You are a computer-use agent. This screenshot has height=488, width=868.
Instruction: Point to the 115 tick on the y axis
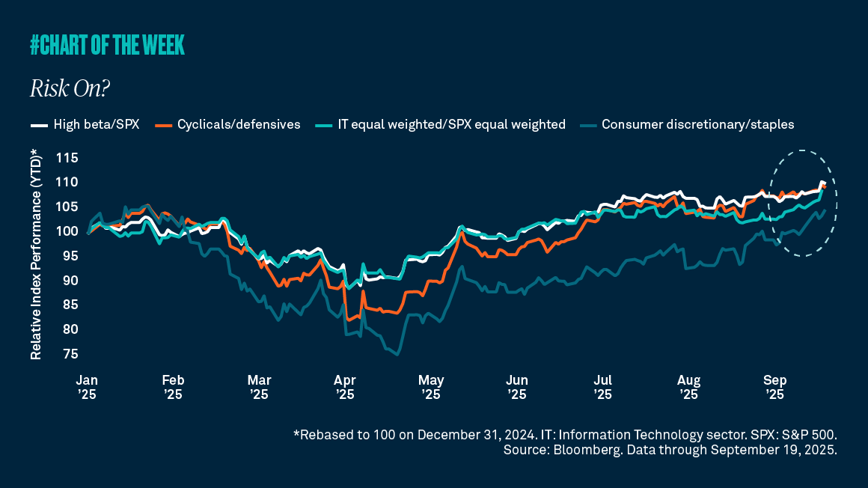pos(67,158)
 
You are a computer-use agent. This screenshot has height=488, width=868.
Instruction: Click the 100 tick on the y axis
pos(67,231)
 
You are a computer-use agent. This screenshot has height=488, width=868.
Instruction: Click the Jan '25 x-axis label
pos(87,385)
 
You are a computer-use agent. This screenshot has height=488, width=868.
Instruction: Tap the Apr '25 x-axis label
pos(345,385)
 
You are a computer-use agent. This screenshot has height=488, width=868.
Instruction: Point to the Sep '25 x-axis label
pos(774,385)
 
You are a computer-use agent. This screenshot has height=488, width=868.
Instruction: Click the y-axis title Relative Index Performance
pos(36,254)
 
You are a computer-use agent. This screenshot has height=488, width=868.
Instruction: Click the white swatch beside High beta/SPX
pos(38,124)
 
